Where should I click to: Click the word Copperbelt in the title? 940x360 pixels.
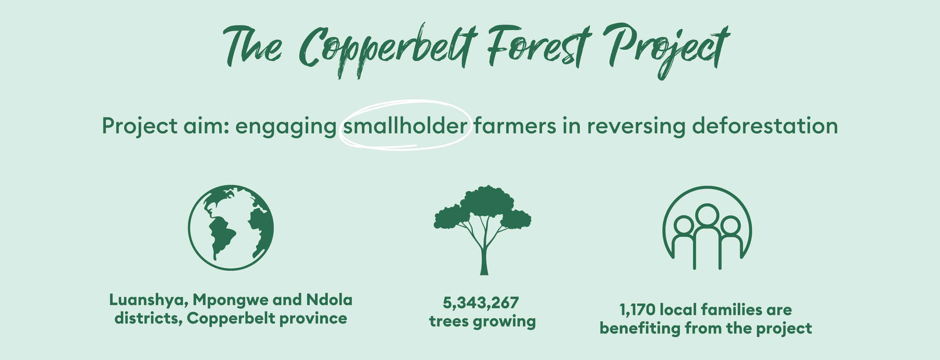point(388,51)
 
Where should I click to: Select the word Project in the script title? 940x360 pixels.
point(667,48)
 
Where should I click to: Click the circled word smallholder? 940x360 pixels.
point(405,126)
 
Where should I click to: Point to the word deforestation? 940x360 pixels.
point(764,126)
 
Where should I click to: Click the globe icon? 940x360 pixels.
point(231,227)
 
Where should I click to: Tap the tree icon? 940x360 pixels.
point(482,230)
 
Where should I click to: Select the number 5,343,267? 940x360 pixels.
point(481,303)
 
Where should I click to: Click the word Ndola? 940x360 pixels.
point(330,300)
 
